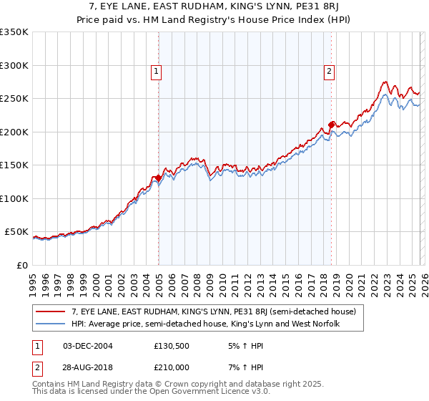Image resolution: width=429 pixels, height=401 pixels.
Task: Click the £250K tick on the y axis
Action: click(14, 99)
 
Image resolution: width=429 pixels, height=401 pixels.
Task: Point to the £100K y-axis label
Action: click(14, 199)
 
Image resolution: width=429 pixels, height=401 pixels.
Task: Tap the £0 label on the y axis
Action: click(21, 266)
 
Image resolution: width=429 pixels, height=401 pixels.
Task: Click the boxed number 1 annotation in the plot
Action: click(156, 71)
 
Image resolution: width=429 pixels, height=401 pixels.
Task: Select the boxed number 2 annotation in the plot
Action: click(329, 71)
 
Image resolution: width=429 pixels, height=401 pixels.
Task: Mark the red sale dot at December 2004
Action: click(157, 178)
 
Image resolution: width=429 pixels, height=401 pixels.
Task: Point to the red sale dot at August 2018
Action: click(331, 125)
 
